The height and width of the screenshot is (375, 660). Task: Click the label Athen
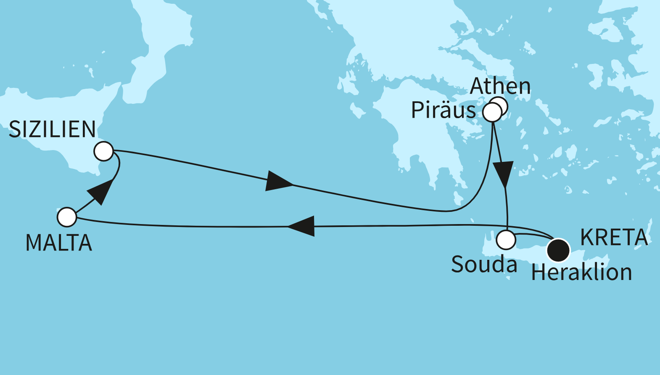(x=500, y=86)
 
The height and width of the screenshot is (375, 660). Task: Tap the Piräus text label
(x=443, y=111)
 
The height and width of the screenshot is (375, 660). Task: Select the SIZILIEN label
(x=52, y=129)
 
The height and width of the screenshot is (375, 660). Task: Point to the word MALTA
(x=59, y=243)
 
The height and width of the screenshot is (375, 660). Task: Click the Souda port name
(x=484, y=265)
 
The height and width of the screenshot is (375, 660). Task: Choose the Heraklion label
(x=581, y=272)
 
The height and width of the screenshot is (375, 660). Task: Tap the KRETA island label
(x=614, y=238)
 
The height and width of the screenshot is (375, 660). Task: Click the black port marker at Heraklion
(x=558, y=250)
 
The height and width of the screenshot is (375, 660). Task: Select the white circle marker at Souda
(x=506, y=240)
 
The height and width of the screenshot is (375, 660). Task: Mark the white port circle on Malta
(x=67, y=217)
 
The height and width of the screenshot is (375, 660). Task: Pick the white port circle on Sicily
(x=104, y=151)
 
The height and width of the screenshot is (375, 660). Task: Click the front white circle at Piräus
(x=492, y=113)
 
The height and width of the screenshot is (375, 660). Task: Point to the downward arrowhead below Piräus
(x=503, y=174)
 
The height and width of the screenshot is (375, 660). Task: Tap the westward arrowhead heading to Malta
(x=302, y=226)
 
